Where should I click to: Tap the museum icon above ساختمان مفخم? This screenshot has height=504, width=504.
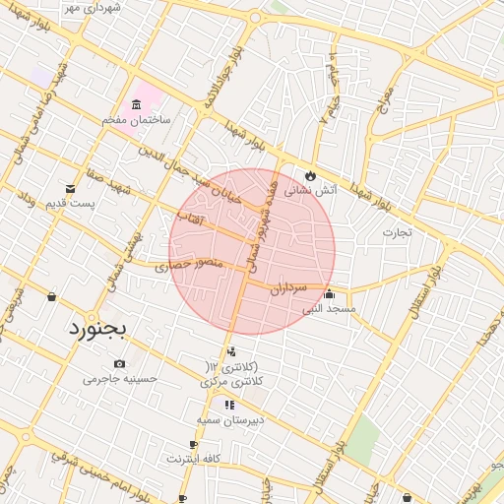click(135, 104)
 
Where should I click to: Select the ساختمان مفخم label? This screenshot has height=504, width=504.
click(136, 119)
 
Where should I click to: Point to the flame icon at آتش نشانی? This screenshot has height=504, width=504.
click(311, 175)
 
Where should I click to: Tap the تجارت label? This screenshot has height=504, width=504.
click(398, 233)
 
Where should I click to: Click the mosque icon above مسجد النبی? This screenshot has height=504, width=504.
click(329, 294)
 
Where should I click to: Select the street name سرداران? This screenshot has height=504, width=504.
click(288, 288)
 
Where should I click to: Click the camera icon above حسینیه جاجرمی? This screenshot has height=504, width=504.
click(120, 363)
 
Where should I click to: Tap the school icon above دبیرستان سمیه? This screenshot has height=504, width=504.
click(229, 405)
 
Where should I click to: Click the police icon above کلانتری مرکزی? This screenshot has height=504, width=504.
click(231, 351)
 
